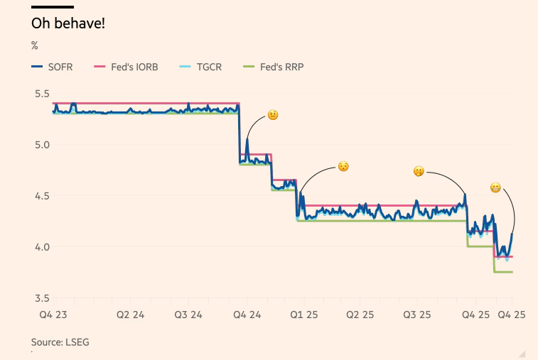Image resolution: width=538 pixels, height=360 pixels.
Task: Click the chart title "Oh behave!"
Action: pos(68,23)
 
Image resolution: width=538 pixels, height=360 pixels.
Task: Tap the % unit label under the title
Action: pos(34,46)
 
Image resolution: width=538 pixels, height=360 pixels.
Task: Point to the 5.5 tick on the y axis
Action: pos(42,94)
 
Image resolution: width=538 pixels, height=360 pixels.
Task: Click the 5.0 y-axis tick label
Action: pos(42,145)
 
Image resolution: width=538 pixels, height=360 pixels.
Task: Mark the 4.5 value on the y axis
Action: pos(42,196)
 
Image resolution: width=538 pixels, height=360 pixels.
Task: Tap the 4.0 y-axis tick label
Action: pos(42,247)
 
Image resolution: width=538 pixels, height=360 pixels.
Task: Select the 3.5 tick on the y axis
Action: pos(42,298)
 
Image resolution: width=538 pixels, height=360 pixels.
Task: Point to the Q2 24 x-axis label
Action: pos(131,315)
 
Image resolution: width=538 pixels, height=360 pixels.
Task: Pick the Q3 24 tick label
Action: pos(187,315)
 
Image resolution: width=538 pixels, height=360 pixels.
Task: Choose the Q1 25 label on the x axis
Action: pos(302,315)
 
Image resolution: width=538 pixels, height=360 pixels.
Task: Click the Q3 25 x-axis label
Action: pos(416,315)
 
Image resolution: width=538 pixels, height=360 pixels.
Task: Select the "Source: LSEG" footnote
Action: pos(60,342)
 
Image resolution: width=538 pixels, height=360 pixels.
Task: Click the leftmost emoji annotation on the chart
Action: pos(272,115)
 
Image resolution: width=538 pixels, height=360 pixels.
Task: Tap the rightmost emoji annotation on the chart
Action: pos(495,187)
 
